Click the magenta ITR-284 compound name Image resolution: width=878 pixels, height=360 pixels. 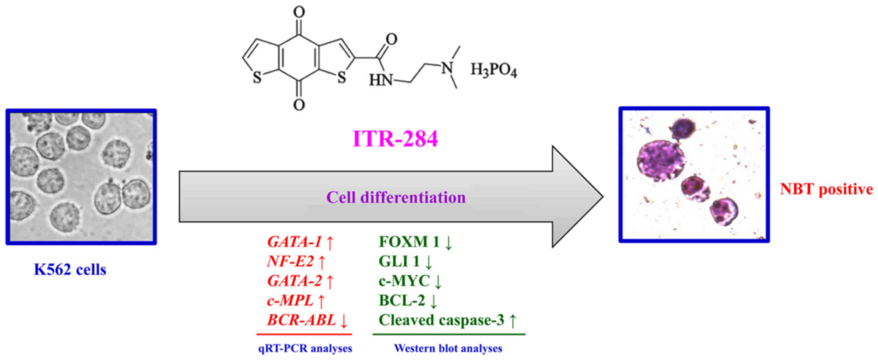pos(395,139)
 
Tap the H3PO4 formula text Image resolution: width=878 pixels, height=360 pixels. pos(493,70)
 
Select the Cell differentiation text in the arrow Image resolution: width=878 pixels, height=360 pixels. pos(396,198)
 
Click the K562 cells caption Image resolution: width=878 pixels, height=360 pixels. pos(70,270)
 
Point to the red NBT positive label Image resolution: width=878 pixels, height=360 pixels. pos(826,189)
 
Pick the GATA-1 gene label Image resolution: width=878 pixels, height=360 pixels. pos(294,242)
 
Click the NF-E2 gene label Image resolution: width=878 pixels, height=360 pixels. pos(290,261)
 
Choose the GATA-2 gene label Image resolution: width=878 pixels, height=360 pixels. pos(294,281)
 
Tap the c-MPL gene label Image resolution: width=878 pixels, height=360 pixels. pos(290,300)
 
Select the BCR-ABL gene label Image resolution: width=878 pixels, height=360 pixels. pos(301,320)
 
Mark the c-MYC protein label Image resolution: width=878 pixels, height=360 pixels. pos(404,281)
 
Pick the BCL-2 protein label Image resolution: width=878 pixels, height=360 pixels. pos(402,300)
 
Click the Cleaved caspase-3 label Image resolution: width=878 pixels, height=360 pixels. pos(441,320)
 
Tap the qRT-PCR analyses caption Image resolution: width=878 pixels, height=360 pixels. pos(305,348)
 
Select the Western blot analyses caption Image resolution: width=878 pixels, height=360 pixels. pos(448,348)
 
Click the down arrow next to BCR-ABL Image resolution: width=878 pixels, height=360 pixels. pos(344,321)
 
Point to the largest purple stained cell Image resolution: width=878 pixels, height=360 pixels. pos(661,159)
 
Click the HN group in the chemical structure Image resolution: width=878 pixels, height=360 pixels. pos(380,80)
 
